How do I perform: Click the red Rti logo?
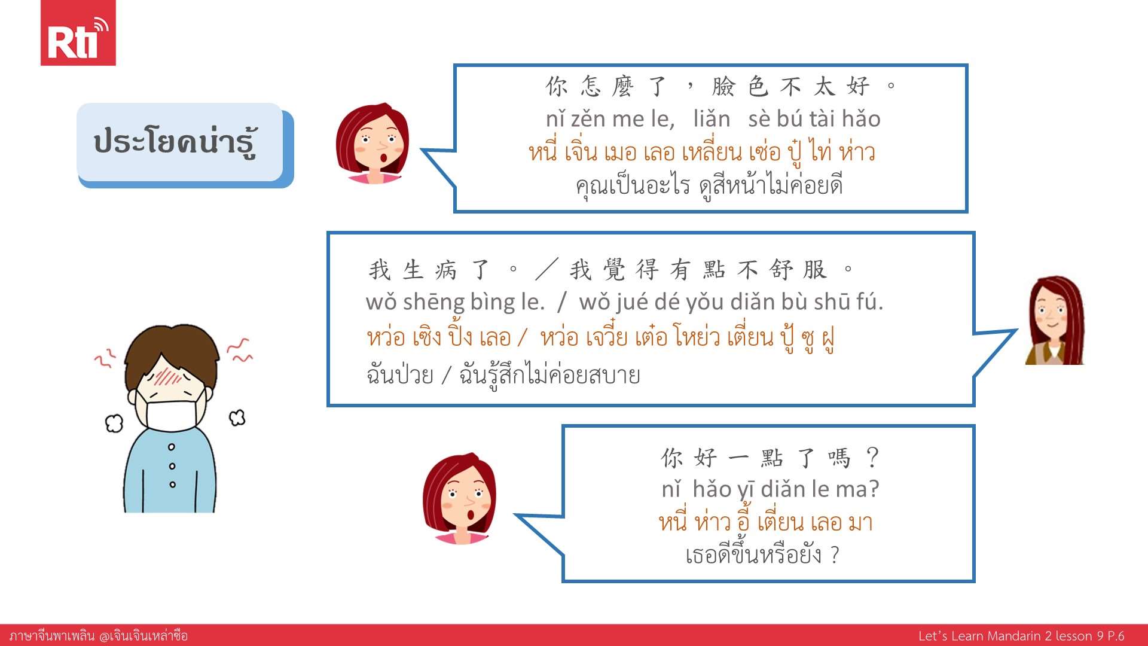pos(78,33)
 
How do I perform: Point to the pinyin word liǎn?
pos(712,119)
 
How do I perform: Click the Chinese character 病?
pos(446,270)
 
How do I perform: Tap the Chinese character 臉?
pos(723,87)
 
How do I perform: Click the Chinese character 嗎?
pos(839,458)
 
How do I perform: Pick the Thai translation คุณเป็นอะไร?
pos(633,185)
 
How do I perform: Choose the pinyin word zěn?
pos(588,119)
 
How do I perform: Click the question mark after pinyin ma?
pos(874,489)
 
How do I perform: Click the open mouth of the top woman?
pos(383,160)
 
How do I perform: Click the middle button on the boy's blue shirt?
pos(172,466)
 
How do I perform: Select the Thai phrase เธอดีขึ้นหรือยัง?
pos(753,554)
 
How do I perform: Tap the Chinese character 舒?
pos(781,270)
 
